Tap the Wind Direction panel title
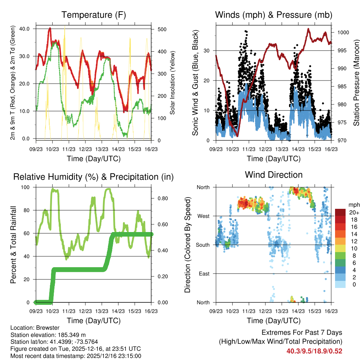coord(274,175)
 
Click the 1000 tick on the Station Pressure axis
coord(342,32)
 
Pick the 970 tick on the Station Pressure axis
coord(341,141)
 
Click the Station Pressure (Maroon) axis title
coord(356,83)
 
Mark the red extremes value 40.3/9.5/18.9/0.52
coord(314,351)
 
